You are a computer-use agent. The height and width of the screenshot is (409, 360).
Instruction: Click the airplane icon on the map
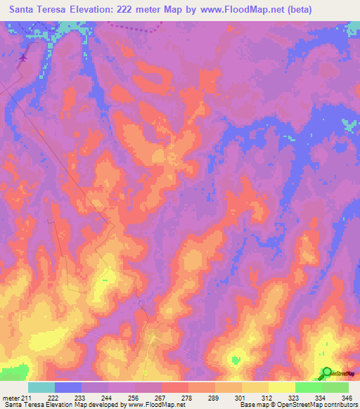click(x=25, y=58)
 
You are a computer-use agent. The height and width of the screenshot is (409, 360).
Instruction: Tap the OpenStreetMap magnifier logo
click(x=327, y=372)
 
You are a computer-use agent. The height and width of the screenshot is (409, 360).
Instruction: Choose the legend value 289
click(x=214, y=398)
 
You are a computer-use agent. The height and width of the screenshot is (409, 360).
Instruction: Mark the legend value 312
click(x=268, y=398)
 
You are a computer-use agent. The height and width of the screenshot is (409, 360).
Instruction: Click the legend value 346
click(x=347, y=398)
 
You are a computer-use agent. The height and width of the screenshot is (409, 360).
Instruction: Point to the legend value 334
click(x=321, y=398)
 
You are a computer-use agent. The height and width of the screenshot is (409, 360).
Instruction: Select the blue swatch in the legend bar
click(x=67, y=387)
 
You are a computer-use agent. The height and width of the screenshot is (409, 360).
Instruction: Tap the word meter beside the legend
click(x=10, y=398)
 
